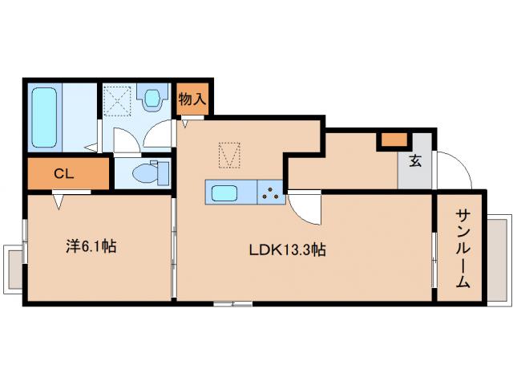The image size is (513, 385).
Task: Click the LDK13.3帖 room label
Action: tap(287, 250)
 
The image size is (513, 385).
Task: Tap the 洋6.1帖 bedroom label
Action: tap(91, 246)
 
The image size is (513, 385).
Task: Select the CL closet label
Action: tap(64, 174)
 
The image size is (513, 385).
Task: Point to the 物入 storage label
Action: tap(192, 99)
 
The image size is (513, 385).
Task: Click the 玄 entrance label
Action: tap(415, 161)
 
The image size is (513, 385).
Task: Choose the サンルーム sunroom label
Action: tap(463, 249)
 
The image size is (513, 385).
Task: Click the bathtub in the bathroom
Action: tap(45, 117)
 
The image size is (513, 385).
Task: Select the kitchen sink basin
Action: tap(224, 193)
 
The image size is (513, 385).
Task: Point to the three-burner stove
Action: tap(270, 192)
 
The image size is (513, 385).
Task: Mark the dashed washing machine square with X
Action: tap(118, 101)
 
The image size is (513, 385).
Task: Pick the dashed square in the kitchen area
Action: tap(229, 155)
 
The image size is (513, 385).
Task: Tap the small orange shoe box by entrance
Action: tap(394, 140)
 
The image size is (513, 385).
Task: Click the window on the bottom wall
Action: tap(232, 304)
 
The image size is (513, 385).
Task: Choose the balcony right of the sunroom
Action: tap(499, 260)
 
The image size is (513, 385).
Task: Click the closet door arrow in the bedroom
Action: tap(59, 201)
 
